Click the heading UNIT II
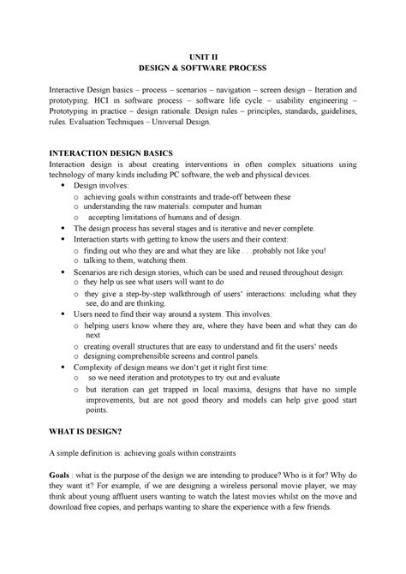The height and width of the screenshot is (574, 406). point(202,52)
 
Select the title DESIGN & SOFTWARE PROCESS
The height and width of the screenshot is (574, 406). point(202,65)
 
